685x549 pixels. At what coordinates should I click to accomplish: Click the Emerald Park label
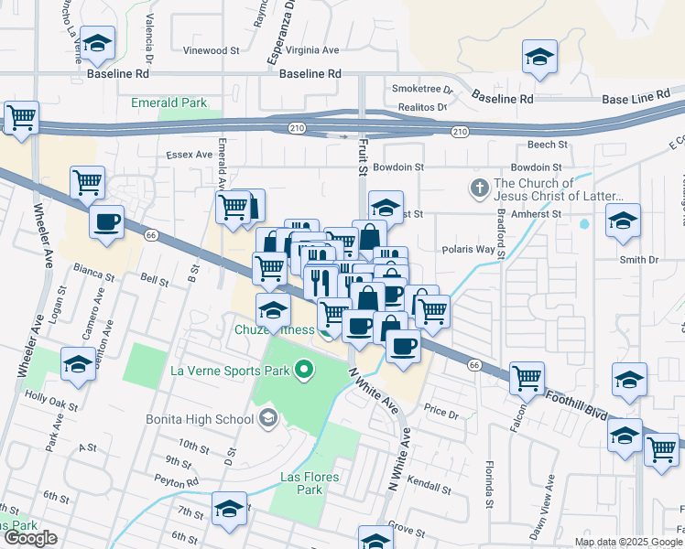(169, 103)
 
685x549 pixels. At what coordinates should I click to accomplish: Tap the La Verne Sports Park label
(230, 371)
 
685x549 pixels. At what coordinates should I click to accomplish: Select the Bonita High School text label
(199, 419)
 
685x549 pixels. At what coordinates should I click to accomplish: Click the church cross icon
(479, 188)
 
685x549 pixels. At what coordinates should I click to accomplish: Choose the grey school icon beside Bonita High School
(267, 419)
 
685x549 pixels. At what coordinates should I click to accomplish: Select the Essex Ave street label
(190, 155)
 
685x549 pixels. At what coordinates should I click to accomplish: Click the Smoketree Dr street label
(422, 89)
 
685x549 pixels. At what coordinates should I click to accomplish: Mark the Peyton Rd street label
(176, 480)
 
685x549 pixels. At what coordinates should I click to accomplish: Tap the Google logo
(29, 539)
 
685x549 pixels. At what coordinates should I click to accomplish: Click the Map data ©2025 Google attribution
(628, 542)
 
